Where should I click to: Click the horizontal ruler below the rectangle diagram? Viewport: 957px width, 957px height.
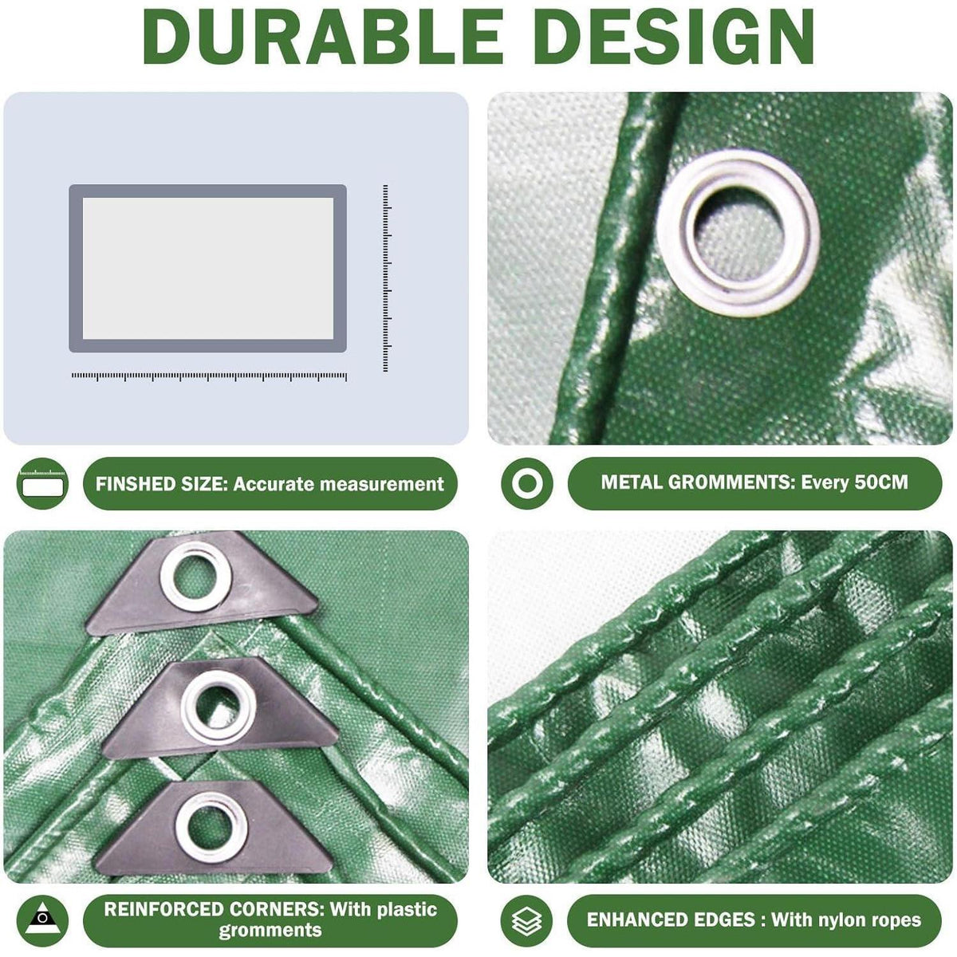tap(209, 376)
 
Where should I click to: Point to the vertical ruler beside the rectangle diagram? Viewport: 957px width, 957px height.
tap(386, 278)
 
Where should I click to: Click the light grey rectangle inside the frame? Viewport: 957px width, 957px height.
tap(208, 268)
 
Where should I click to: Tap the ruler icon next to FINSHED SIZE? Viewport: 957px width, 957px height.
tap(43, 482)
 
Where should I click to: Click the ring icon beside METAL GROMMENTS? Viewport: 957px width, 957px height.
tap(526, 482)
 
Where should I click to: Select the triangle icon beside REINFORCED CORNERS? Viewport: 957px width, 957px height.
tap(43, 919)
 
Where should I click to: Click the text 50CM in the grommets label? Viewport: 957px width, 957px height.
tap(881, 482)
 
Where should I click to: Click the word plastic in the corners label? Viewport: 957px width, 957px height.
tap(408, 909)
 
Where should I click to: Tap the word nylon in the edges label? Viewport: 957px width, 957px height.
tap(846, 920)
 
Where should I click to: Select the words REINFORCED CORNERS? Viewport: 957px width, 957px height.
tap(215, 909)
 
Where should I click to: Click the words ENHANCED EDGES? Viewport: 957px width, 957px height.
tap(671, 920)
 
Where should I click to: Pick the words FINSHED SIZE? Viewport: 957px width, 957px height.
tap(161, 484)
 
